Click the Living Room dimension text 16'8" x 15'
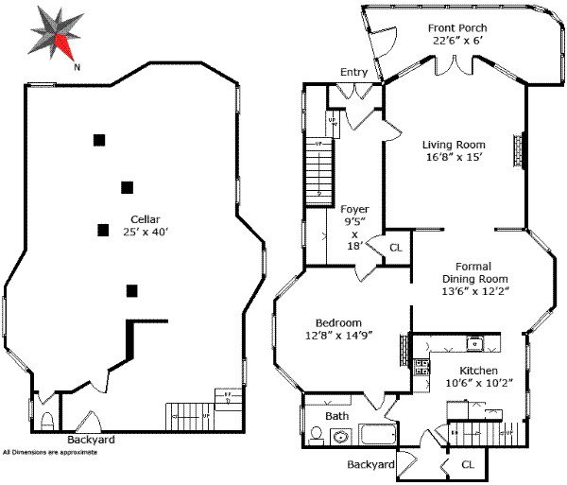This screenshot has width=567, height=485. click(453, 158)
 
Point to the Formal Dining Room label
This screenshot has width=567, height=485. click(475, 279)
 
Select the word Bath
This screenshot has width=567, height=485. click(337, 415)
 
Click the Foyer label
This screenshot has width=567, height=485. click(354, 209)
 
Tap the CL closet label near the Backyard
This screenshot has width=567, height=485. click(468, 465)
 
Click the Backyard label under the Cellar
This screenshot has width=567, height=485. click(91, 440)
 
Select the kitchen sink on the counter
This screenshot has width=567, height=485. click(478, 343)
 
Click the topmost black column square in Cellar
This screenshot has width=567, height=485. click(98, 140)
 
